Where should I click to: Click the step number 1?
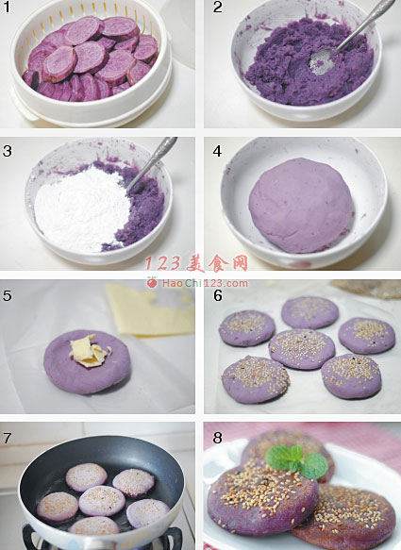[x=7, y=8]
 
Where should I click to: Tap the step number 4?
[x=217, y=151]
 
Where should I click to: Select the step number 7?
[x=7, y=438]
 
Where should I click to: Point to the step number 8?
[x=218, y=438]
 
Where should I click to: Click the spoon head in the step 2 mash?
[x=320, y=61]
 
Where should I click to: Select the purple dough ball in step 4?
[x=301, y=206]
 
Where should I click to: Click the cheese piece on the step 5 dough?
[x=89, y=351]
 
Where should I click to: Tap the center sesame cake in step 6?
[x=302, y=349]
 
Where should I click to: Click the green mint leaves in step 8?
[x=297, y=460]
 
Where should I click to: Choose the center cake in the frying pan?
[x=102, y=501]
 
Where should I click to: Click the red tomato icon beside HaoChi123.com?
[x=152, y=282]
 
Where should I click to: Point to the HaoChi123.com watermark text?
[x=205, y=283]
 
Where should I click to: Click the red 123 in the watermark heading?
[x=164, y=263]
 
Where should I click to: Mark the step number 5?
[x=7, y=295]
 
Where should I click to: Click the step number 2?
[x=218, y=8]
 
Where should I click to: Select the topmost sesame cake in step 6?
[x=309, y=312]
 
